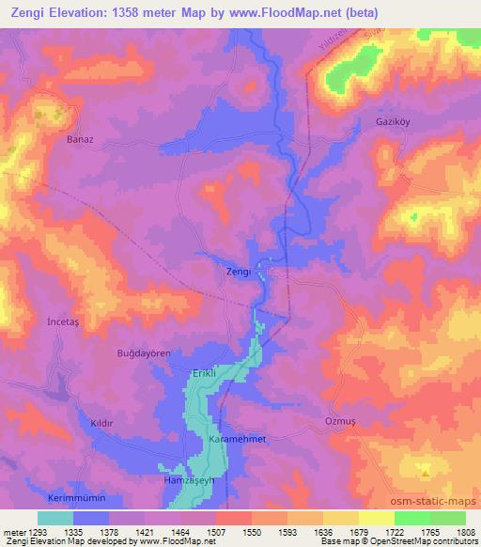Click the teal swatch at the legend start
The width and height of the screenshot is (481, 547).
coord(55,518)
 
